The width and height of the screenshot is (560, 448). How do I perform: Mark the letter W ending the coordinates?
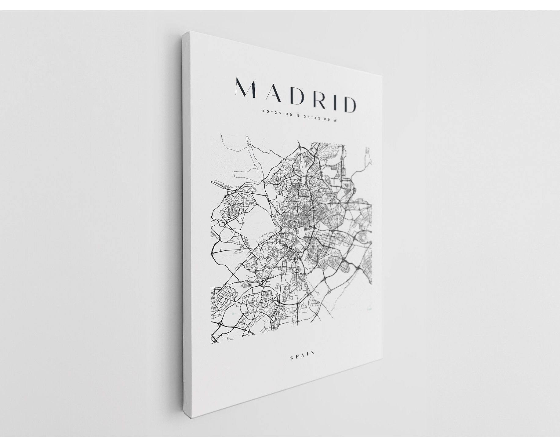[335, 120]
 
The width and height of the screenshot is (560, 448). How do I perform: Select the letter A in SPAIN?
[304, 355]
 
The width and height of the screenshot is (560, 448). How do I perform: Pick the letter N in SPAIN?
[313, 354]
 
